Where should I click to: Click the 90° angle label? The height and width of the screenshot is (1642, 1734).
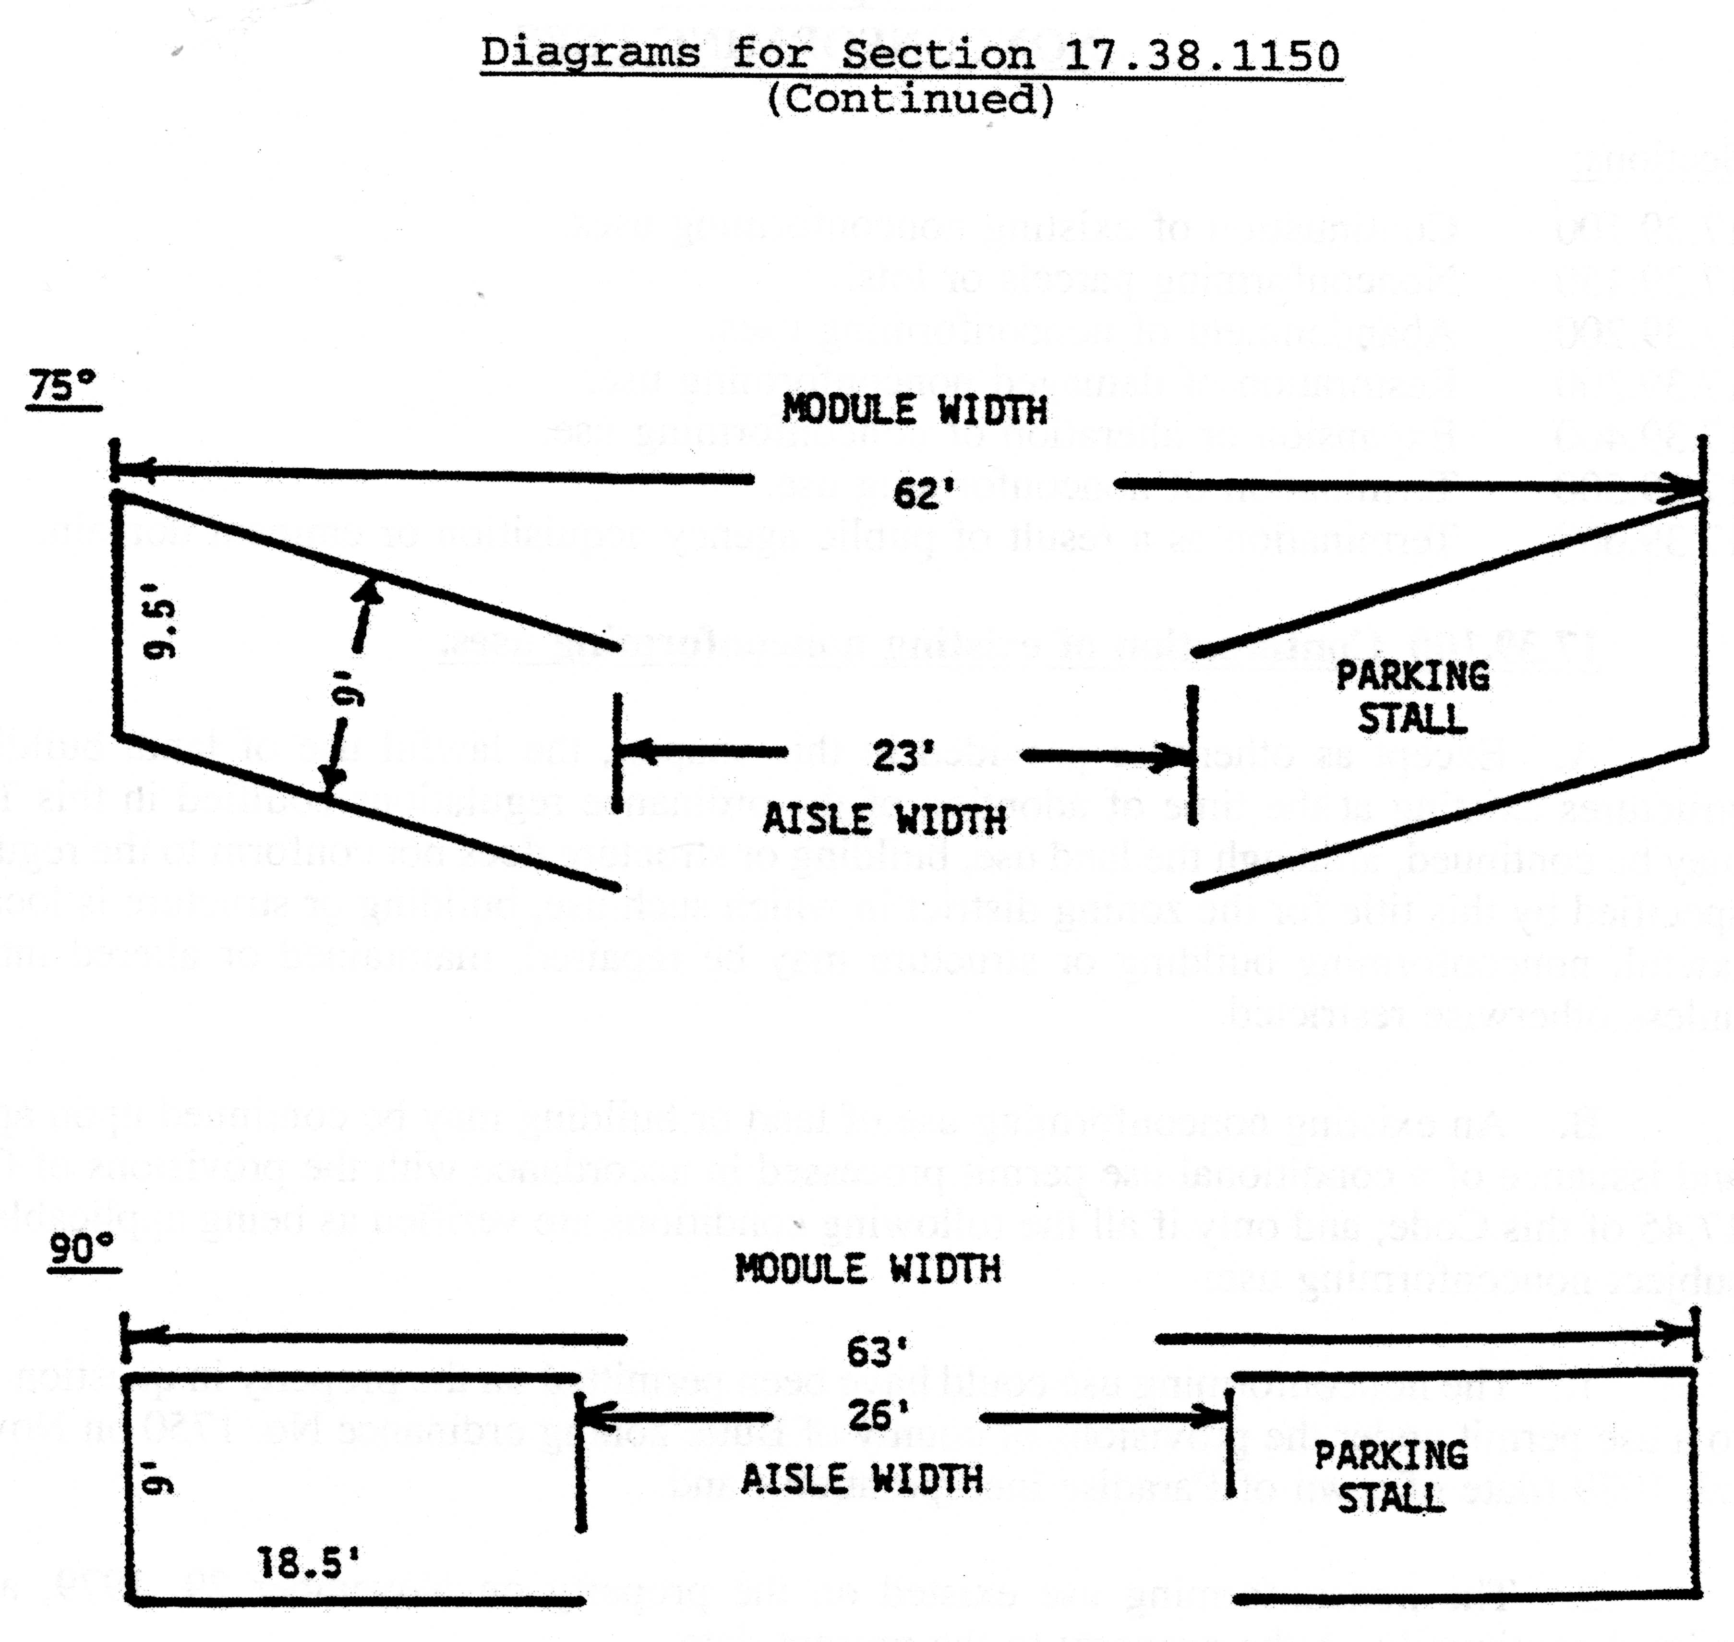[82, 1249]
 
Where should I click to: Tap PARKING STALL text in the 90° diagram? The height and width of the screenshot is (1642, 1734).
[1391, 1476]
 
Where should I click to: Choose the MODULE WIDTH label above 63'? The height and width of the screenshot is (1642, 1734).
[867, 1269]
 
